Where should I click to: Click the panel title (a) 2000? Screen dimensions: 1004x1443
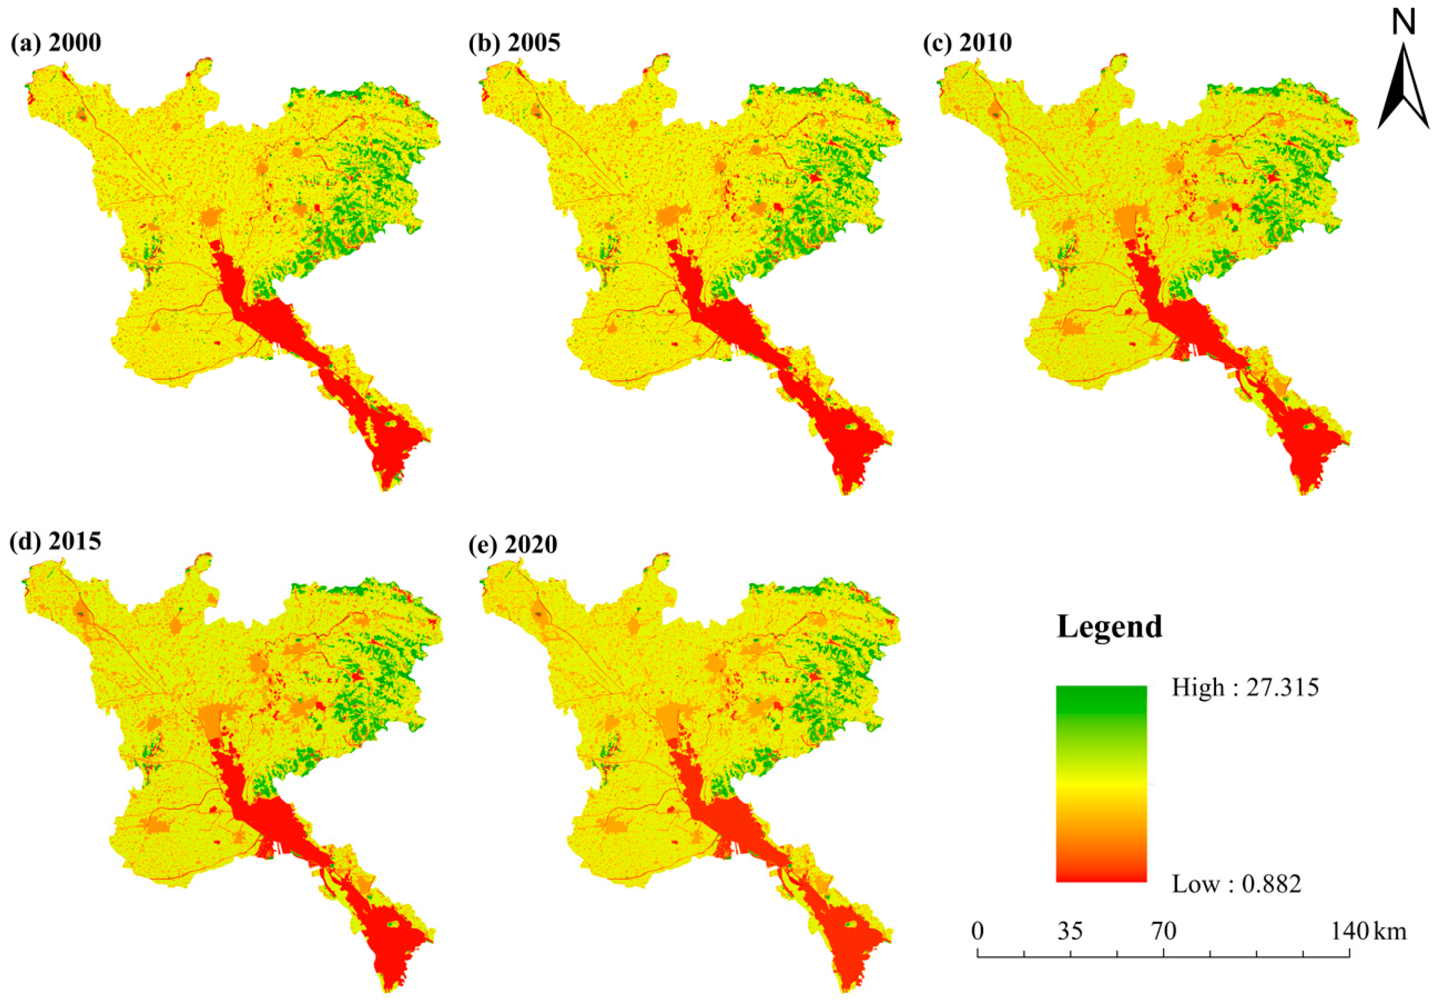coord(56,43)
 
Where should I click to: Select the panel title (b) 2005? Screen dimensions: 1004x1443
coord(514,43)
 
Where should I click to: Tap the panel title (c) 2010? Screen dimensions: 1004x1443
coord(967,43)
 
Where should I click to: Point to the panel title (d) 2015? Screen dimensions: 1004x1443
coord(56,541)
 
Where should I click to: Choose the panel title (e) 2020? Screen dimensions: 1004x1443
coord(513,544)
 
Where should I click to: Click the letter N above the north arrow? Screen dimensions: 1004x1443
coord(1403,24)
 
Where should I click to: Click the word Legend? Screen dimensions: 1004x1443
coord(1109,626)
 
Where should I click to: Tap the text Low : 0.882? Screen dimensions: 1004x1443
coord(1236,884)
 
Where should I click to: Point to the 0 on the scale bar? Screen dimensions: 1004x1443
coord(977,930)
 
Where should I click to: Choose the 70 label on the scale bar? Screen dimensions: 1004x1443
coord(1163,930)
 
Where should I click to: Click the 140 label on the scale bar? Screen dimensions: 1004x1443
coord(1349,930)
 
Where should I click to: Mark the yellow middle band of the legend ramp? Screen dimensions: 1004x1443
coord(1101,786)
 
